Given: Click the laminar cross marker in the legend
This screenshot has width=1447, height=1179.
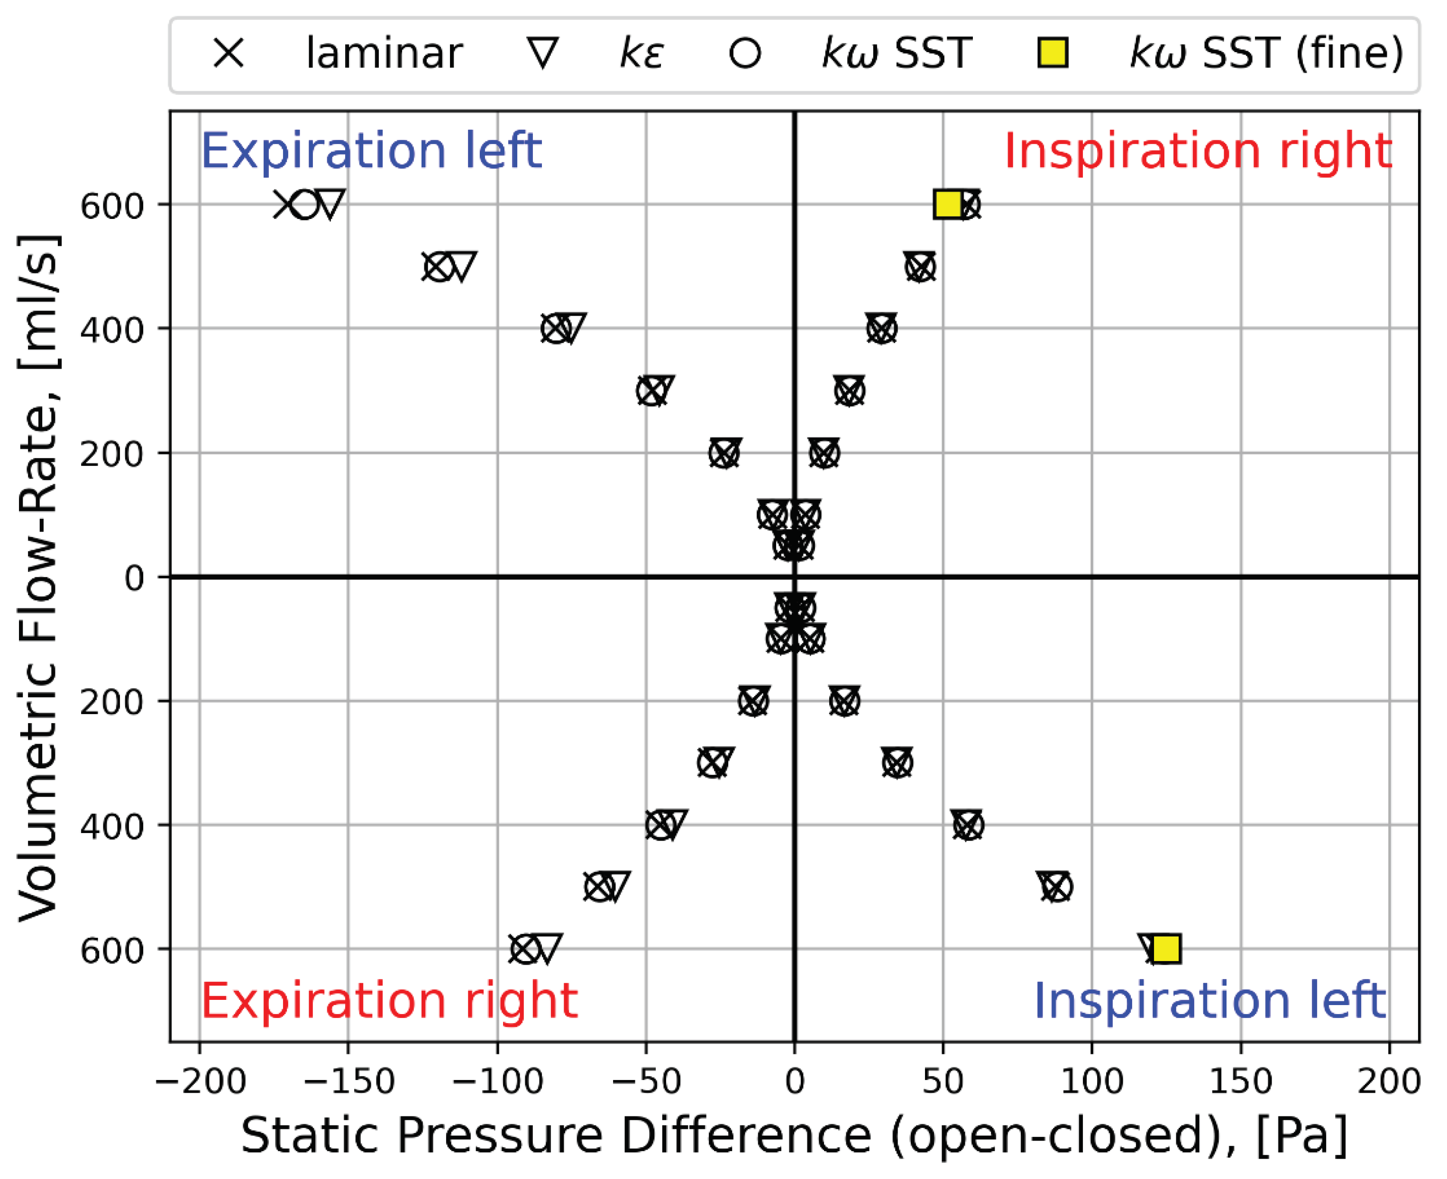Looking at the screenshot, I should [x=228, y=53].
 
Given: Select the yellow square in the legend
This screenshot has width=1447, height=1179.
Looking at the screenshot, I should [x=1053, y=53].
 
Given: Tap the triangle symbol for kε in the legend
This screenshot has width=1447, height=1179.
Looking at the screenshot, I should [x=543, y=53].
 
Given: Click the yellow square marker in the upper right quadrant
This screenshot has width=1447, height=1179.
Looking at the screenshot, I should [x=948, y=204].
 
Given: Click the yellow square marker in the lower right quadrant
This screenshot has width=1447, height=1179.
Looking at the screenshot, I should [x=1166, y=949].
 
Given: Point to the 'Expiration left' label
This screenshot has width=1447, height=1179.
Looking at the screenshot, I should [x=371, y=150].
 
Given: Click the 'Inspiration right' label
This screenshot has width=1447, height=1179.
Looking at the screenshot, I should [x=1198, y=150].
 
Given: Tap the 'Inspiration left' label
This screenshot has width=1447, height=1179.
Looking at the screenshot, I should [x=1209, y=1000].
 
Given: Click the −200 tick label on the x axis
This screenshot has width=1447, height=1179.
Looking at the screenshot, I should [x=201, y=1080].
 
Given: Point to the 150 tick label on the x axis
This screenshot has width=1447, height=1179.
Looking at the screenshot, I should [x=1240, y=1080].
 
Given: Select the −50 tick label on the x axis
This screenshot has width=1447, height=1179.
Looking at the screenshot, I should [x=646, y=1080].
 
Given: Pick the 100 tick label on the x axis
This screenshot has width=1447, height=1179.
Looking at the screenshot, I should [x=1092, y=1080].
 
